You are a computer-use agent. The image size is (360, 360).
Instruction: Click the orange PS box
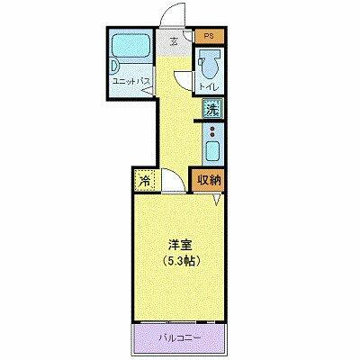tap(208, 36)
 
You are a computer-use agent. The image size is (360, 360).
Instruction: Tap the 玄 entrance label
tap(175, 37)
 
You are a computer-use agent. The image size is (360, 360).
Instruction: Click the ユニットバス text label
tap(130, 80)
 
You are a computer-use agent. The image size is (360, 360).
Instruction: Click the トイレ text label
tap(209, 86)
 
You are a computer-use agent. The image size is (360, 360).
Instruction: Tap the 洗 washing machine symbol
tap(211, 111)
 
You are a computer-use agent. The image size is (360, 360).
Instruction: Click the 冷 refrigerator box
tap(145, 180)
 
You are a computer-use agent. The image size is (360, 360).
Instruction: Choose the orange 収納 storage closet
tap(210, 180)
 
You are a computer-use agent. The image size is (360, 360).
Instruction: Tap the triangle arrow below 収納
tap(214, 199)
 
